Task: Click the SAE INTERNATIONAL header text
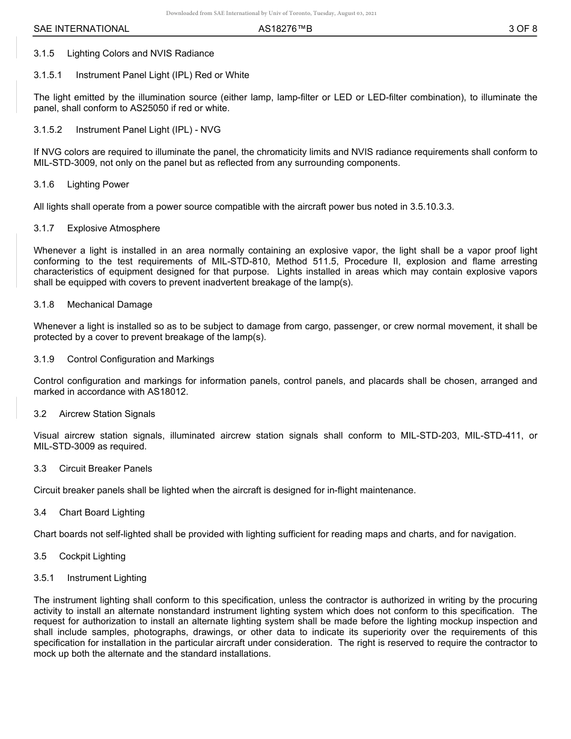[81, 29]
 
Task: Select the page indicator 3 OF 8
[522, 29]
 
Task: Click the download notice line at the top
[271, 13]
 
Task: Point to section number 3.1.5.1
[51, 75]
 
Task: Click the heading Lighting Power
[98, 184]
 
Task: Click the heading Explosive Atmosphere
[114, 228]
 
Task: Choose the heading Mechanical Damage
[109, 305]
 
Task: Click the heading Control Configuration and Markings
[141, 359]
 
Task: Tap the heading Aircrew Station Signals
[107, 414]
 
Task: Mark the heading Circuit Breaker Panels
[105, 469]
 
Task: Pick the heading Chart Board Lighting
[102, 512]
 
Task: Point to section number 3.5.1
[44, 578]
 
